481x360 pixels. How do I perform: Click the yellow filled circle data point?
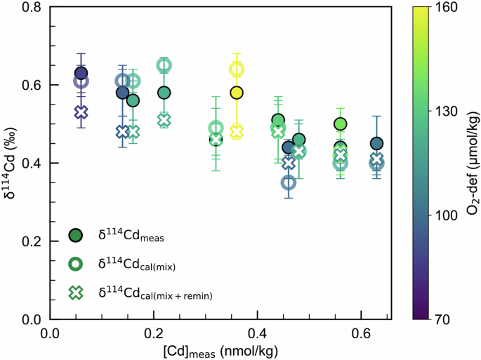click(237, 93)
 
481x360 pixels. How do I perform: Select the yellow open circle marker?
click(237, 69)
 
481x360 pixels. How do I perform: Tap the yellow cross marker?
click(237, 131)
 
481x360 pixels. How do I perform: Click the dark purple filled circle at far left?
click(81, 73)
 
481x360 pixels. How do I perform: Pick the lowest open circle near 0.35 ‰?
click(288, 182)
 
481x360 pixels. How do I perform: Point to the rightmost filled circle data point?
click(376, 144)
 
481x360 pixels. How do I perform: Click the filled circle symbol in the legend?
click(76, 235)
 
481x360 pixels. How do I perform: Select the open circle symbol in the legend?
click(76, 264)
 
